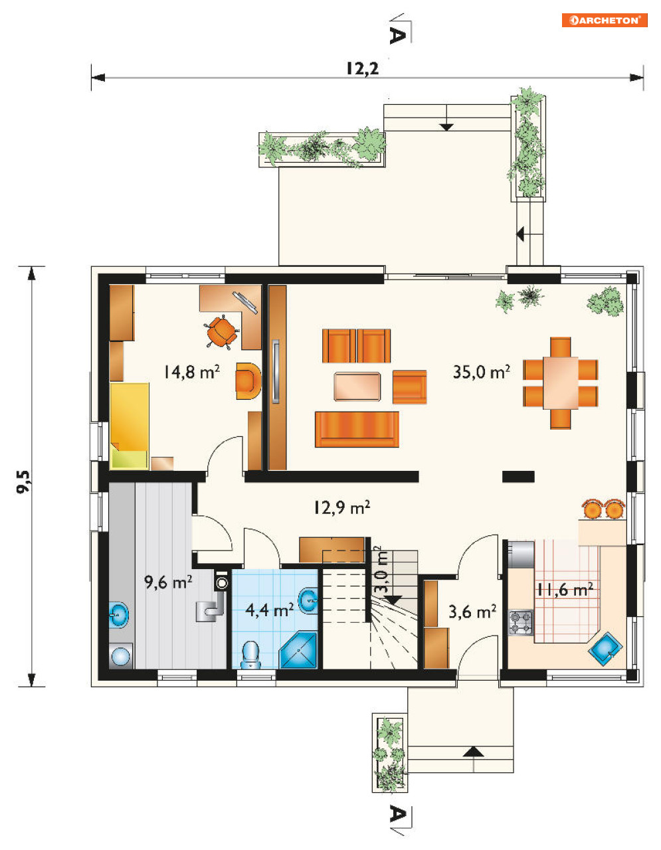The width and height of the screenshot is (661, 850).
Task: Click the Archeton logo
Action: [605, 21]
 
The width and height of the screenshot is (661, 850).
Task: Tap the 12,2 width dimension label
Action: [363, 69]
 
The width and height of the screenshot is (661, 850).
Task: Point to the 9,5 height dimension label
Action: [23, 482]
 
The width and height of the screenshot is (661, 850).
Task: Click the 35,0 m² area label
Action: [481, 372]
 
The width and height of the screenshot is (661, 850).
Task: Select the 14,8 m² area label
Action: [191, 372]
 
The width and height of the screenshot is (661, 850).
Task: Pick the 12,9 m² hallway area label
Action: [341, 508]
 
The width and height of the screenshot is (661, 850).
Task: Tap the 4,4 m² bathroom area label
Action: [270, 610]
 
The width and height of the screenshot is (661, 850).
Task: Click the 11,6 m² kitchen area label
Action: [565, 590]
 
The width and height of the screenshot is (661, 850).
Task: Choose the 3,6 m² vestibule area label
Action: [472, 612]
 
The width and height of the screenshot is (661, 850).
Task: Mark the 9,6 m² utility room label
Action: [168, 582]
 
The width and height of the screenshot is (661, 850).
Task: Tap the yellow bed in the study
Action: [130, 426]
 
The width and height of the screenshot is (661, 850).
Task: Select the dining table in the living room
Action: [561, 382]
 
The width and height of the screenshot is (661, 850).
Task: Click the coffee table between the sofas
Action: [357, 386]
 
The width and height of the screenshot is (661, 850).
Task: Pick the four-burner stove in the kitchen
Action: [521, 623]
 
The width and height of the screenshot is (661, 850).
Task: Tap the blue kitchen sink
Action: [605, 649]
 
